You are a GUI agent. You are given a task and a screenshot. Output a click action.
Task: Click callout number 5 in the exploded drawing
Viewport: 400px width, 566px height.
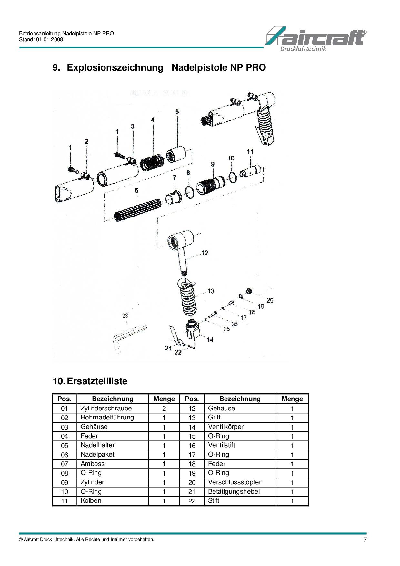[177, 111]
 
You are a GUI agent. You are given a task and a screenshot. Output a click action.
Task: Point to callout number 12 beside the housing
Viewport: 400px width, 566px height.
[205, 253]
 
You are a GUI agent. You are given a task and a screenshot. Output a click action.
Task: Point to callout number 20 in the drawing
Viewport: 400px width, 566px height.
[270, 300]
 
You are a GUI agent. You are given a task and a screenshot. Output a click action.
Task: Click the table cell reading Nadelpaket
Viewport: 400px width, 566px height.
[97, 455]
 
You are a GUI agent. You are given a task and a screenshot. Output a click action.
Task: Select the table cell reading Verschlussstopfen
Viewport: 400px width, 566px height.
[235, 482]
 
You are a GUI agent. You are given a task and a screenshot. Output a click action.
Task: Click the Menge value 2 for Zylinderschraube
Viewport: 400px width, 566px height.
[164, 409]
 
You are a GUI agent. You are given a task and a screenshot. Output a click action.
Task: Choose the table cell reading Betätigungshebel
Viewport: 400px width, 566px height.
[234, 492]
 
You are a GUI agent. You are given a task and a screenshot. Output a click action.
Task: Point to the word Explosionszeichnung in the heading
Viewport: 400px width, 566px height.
[115, 68]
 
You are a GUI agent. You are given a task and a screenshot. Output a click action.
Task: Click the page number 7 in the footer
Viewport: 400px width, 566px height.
[365, 540]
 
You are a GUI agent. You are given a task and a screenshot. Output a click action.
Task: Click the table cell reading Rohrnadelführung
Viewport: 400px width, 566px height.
[107, 418]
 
